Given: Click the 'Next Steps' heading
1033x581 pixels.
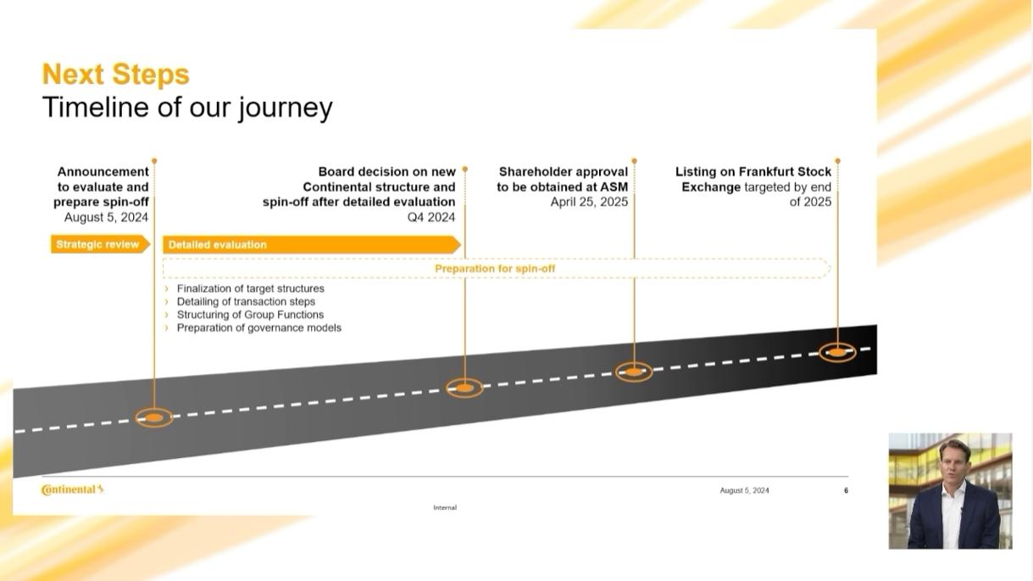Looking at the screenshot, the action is pyautogui.click(x=116, y=75).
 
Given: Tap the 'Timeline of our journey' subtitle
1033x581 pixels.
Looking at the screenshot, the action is pyautogui.click(x=187, y=108).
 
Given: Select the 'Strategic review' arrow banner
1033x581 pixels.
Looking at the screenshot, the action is pyautogui.click(x=100, y=244).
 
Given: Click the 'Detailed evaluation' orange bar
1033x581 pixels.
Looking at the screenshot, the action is pyautogui.click(x=312, y=244).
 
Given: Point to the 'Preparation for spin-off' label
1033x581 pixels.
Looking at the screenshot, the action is pyautogui.click(x=495, y=269).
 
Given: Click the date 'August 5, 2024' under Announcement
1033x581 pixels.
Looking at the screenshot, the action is pyautogui.click(x=106, y=217).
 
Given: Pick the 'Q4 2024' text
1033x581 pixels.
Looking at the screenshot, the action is pyautogui.click(x=431, y=217).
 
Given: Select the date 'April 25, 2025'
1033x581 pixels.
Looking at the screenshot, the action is pyautogui.click(x=589, y=202).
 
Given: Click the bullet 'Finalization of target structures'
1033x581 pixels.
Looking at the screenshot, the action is pyautogui.click(x=250, y=288).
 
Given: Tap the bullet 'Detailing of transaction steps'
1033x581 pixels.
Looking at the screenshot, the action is pyautogui.click(x=246, y=301).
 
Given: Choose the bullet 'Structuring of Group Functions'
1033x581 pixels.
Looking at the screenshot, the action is pyautogui.click(x=250, y=315).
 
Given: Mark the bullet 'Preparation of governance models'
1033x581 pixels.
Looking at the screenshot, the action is pyautogui.click(x=259, y=327).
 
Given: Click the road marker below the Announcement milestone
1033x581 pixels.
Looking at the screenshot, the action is pyautogui.click(x=154, y=417).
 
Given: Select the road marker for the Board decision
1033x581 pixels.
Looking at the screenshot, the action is pyautogui.click(x=464, y=388).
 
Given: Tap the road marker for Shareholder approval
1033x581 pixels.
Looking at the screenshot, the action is pyautogui.click(x=634, y=372).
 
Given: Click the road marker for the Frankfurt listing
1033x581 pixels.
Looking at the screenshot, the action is pyautogui.click(x=837, y=353).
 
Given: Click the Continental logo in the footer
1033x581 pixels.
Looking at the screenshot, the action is pyautogui.click(x=72, y=489).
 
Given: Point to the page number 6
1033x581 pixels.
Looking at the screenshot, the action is pyautogui.click(x=846, y=490).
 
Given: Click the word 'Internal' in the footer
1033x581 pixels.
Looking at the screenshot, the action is pyautogui.click(x=445, y=507).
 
